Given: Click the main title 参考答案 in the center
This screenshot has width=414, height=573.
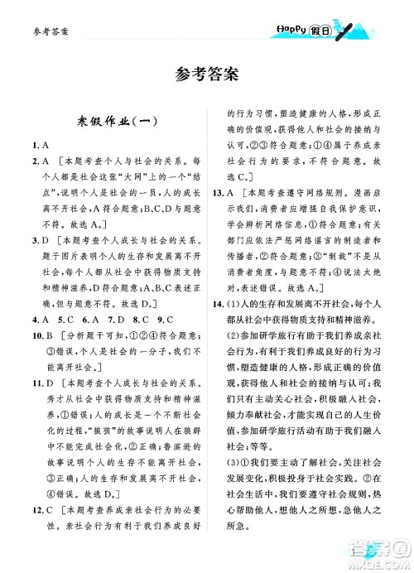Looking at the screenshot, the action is [207, 74].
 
